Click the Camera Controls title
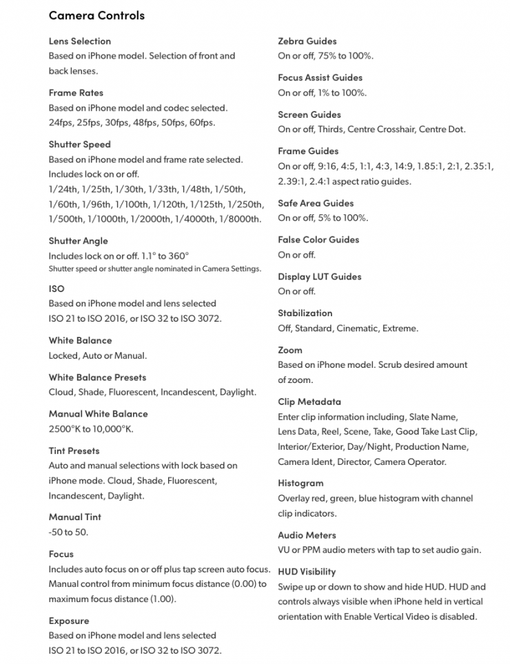[96, 14]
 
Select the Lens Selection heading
[79, 41]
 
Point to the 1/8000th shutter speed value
[240, 219]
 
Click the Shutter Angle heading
[78, 240]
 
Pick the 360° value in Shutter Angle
[177, 256]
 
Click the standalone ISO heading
[56, 289]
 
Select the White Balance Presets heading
[97, 377]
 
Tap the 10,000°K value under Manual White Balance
[110, 428]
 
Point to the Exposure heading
[68, 621]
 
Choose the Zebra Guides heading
[307, 41]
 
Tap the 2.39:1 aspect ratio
[293, 181]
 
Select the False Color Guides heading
[318, 240]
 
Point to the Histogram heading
[300, 483]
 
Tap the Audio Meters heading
[307, 535]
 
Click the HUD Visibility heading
[307, 571]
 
